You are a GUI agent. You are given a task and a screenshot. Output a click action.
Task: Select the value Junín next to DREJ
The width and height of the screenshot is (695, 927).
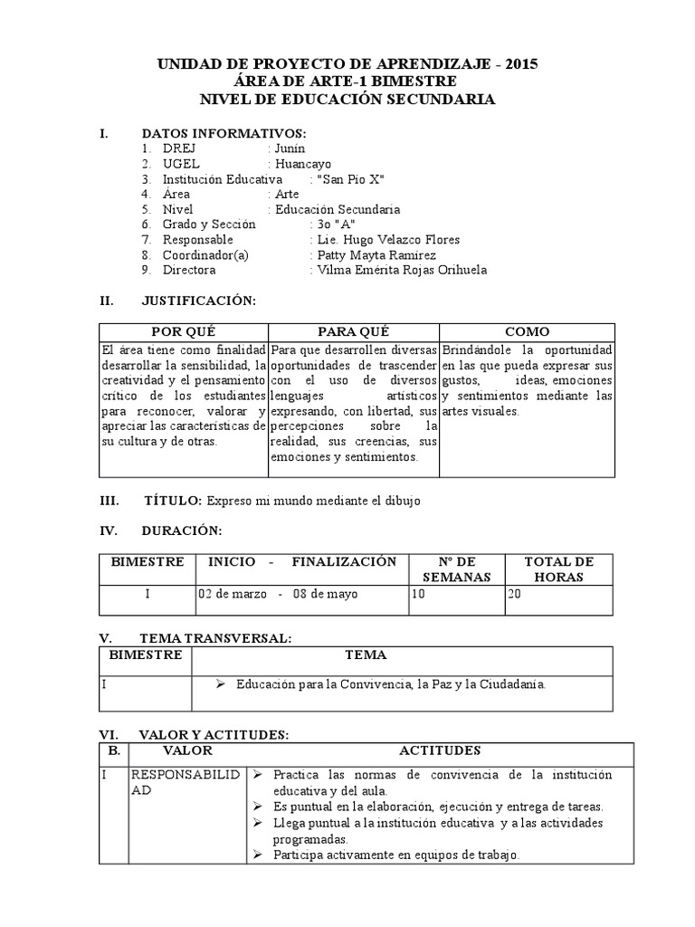click(x=290, y=148)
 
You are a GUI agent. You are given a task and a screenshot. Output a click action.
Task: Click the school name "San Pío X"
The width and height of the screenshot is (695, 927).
click(x=353, y=179)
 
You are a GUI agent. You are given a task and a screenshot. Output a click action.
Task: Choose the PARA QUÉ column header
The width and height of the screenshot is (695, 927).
click(x=353, y=332)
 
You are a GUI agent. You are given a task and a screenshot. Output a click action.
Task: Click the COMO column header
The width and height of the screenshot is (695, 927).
click(x=527, y=332)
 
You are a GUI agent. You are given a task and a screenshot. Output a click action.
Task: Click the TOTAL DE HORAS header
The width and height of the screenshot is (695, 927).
click(x=559, y=569)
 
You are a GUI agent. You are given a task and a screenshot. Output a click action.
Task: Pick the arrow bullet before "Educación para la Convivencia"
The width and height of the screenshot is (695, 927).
click(x=220, y=684)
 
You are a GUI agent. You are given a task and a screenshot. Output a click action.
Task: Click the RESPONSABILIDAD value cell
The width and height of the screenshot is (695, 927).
click(x=186, y=782)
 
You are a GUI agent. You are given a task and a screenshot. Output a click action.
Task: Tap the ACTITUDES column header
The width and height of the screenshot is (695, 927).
click(x=440, y=751)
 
